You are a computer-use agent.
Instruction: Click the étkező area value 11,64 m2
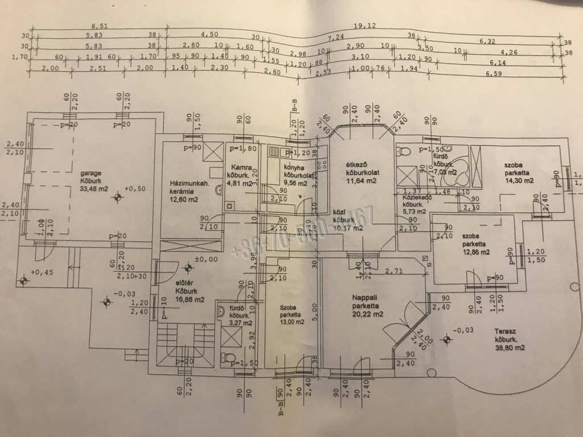(x=363, y=181)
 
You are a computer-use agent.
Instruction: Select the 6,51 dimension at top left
(x=99, y=26)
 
